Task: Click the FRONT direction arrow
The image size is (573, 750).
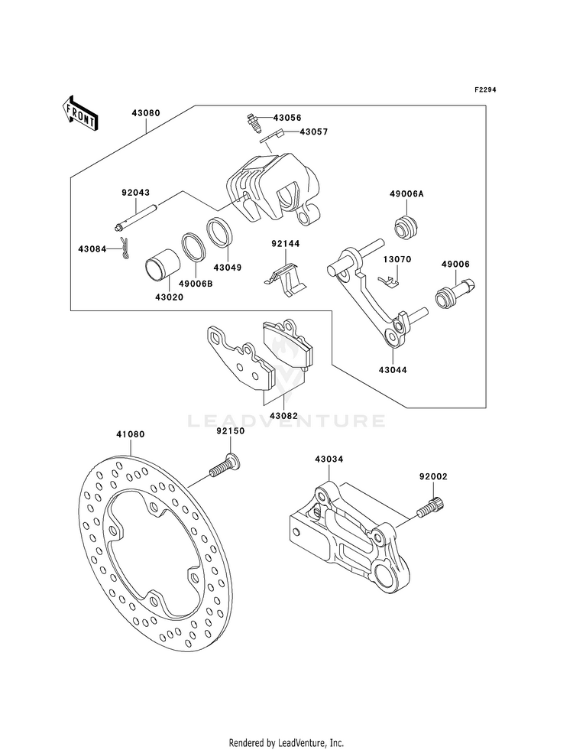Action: point(79,113)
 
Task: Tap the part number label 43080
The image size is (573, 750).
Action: point(146,114)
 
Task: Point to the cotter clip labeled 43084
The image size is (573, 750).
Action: point(125,248)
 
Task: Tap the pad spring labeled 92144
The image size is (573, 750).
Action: point(285,281)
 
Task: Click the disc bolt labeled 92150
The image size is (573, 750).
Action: point(225,466)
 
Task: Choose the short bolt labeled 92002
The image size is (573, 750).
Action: point(431,507)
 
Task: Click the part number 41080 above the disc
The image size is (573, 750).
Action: point(130,435)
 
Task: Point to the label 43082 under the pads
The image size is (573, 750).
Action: point(283,416)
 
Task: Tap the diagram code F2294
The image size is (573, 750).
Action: point(484,89)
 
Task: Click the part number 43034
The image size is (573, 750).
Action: point(329,459)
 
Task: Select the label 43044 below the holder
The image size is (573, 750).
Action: point(393,370)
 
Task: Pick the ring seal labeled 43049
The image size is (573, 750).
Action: point(220,233)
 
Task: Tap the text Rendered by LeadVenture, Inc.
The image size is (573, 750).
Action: point(286,743)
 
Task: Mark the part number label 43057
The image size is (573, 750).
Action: point(314,131)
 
